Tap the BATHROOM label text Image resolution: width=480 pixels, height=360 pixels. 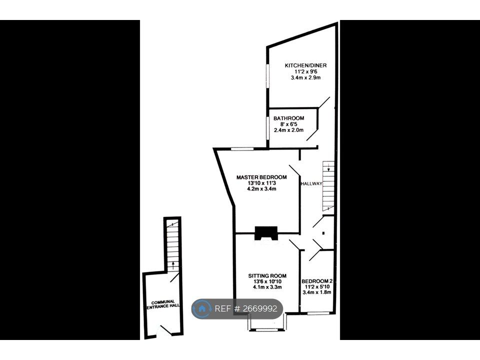(288, 118)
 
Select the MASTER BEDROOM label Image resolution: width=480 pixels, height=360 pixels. (261, 177)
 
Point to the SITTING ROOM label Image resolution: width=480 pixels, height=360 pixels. (267, 275)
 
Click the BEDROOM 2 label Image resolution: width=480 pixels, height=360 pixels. (317, 281)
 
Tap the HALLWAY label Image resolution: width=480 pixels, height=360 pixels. (311, 184)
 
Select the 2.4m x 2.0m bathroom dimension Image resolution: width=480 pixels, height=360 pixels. (288, 130)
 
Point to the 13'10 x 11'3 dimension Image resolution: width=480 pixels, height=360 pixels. (261, 183)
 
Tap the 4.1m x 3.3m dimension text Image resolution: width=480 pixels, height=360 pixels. (267, 287)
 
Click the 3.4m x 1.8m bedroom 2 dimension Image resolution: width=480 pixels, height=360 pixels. (317, 292)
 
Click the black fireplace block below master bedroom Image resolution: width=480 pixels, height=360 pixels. (266, 233)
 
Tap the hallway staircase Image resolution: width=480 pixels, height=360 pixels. (328, 185)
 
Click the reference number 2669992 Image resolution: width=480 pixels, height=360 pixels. (260, 309)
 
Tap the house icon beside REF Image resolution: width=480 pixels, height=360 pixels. (202, 309)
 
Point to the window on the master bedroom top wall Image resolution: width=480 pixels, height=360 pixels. (241, 148)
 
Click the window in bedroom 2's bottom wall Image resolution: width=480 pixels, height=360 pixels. (318, 313)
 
